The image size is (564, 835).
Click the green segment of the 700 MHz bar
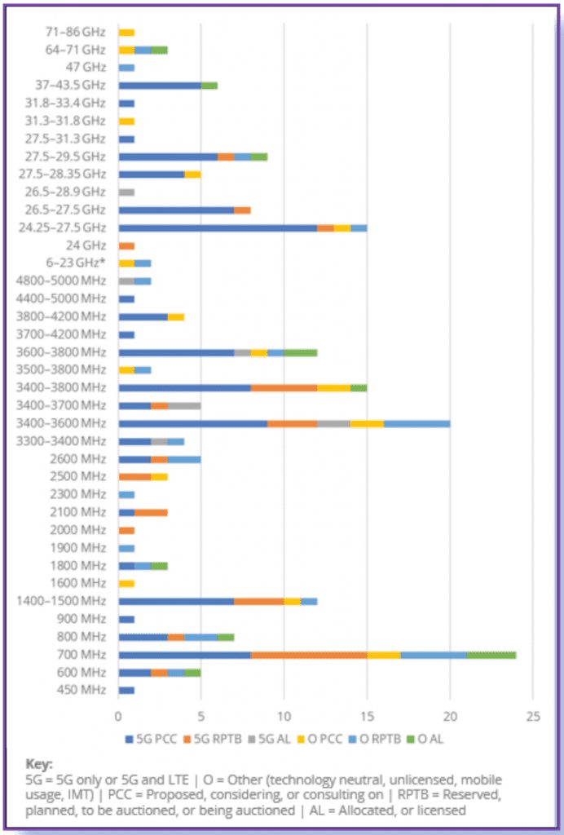(x=491, y=654)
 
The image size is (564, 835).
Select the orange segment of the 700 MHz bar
(x=309, y=654)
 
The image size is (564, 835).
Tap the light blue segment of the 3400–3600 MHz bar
(x=416, y=423)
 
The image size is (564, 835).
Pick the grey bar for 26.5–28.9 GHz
(x=126, y=192)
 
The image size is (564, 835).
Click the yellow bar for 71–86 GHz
(x=126, y=33)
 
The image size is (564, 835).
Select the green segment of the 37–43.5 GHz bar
(x=209, y=86)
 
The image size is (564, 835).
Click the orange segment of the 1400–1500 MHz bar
(x=259, y=601)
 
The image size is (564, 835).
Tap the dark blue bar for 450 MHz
(x=126, y=690)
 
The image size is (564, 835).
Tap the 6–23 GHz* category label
(x=77, y=263)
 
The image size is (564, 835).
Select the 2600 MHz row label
(x=82, y=459)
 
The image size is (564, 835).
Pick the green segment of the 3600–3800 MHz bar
(x=301, y=352)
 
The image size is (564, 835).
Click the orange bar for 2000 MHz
(x=126, y=530)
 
